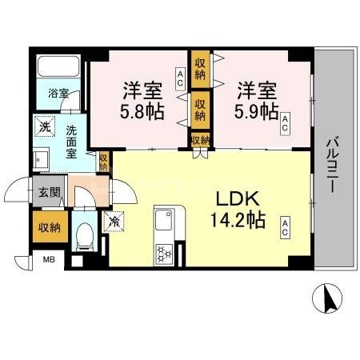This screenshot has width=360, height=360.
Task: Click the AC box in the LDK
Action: (x=285, y=228)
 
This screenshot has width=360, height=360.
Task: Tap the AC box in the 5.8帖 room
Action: (x=181, y=78)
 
